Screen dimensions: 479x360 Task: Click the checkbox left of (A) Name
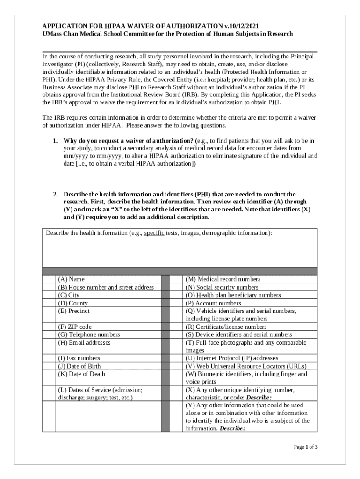tap(49, 279)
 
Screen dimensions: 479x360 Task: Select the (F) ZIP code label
tap(75, 327)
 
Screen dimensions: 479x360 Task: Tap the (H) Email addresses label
tap(84, 342)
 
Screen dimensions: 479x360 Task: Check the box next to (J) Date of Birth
tap(49, 366)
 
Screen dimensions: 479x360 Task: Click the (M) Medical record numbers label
tap(223, 279)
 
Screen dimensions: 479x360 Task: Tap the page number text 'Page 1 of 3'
tap(306, 447)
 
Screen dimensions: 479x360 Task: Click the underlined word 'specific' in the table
tap(154, 233)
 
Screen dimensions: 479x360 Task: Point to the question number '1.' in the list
tap(55, 141)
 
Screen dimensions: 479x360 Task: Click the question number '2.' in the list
tap(55, 194)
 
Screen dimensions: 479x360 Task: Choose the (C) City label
tap(69, 295)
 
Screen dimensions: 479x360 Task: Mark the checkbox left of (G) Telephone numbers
tap(49, 334)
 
